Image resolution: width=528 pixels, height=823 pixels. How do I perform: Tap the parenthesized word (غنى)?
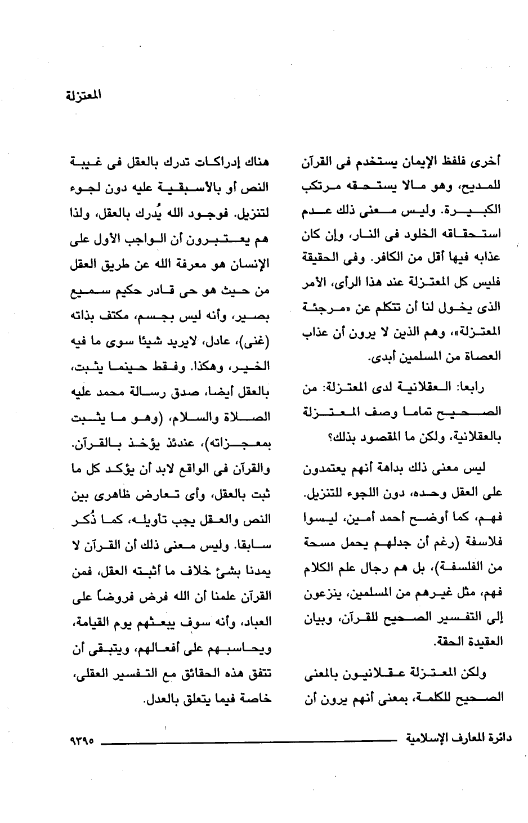click(259, 340)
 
